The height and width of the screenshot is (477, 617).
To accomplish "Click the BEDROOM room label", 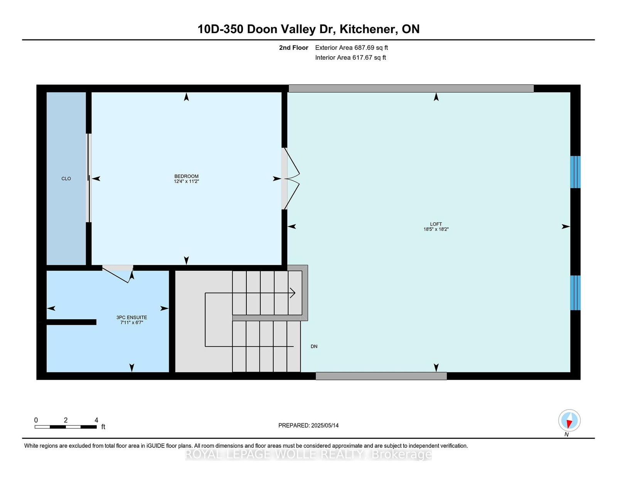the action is (x=186, y=176).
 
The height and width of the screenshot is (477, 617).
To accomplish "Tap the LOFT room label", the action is (x=436, y=224).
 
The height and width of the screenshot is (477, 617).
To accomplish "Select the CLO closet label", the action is (x=66, y=179).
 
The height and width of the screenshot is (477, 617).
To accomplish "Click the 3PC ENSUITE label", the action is (x=132, y=317).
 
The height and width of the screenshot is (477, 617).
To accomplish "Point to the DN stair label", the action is (x=314, y=346).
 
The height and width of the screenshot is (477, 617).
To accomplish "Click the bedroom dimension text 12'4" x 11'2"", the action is (x=186, y=181).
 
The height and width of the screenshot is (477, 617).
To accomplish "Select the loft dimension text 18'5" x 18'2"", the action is (x=436, y=229).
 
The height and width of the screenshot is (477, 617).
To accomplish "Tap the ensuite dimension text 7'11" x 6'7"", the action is (x=132, y=322).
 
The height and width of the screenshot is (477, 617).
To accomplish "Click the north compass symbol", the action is (x=569, y=420).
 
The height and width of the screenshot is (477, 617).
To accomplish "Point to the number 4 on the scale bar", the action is (x=96, y=420).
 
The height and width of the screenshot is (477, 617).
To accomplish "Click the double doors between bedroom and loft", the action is (x=291, y=179).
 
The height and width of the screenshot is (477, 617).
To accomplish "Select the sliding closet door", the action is (x=89, y=178).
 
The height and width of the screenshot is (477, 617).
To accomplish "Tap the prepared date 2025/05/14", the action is (x=325, y=426).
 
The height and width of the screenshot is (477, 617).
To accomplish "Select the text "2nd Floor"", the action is (x=293, y=48).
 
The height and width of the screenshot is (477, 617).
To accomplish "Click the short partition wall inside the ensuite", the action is (x=71, y=322).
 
